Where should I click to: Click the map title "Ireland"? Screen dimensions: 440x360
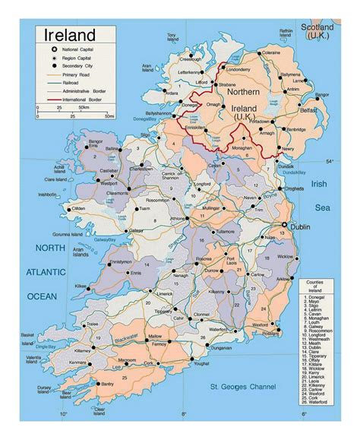point(70,35)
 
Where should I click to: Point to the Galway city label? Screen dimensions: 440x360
point(136,230)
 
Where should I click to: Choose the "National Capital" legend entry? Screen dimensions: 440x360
point(81,49)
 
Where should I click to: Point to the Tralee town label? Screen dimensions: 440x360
point(93,322)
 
